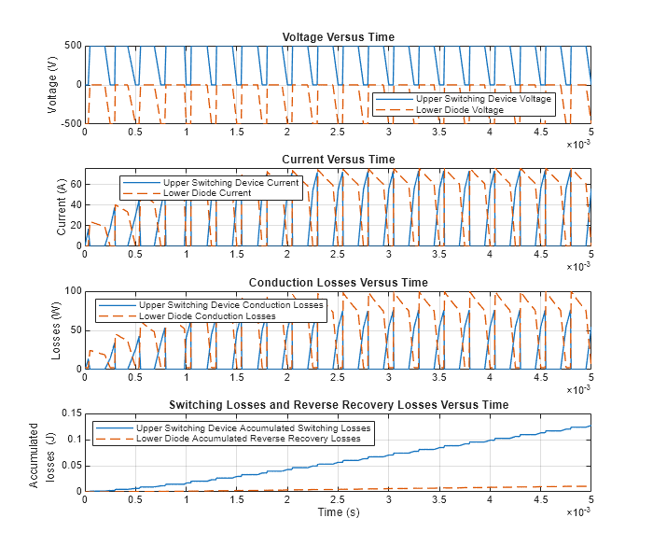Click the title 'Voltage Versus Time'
[x=338, y=36]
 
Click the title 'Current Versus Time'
[x=338, y=159]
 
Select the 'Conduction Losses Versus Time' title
[x=338, y=282]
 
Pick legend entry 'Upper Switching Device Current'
[x=230, y=183]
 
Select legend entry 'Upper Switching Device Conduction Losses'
[x=230, y=305]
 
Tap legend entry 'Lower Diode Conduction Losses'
[x=207, y=316]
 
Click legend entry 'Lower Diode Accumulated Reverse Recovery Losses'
[x=248, y=439]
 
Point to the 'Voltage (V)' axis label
[x=53, y=84]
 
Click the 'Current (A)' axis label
[x=62, y=206]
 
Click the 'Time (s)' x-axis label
[x=338, y=512]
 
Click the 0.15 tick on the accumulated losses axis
[x=69, y=413]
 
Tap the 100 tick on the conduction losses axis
[x=71, y=290]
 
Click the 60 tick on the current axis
[x=74, y=184]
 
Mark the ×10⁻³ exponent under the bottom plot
[x=578, y=512]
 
